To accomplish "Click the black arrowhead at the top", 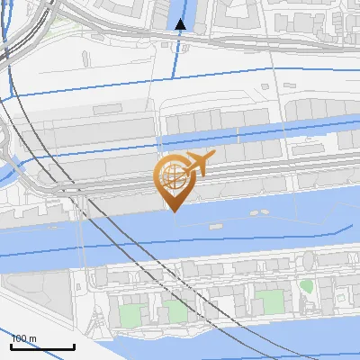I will click(180, 24).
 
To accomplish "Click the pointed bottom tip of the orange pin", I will click(171, 211).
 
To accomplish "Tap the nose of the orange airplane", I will click(213, 155).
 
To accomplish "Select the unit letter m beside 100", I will click(33, 338).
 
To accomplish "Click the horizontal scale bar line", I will click(42, 346).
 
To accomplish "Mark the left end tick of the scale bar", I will click(12, 345).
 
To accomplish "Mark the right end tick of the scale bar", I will click(74, 345).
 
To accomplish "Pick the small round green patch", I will click(306, 286).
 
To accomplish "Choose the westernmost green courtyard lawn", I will click(131, 316).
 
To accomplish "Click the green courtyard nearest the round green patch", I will click(267, 301).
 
